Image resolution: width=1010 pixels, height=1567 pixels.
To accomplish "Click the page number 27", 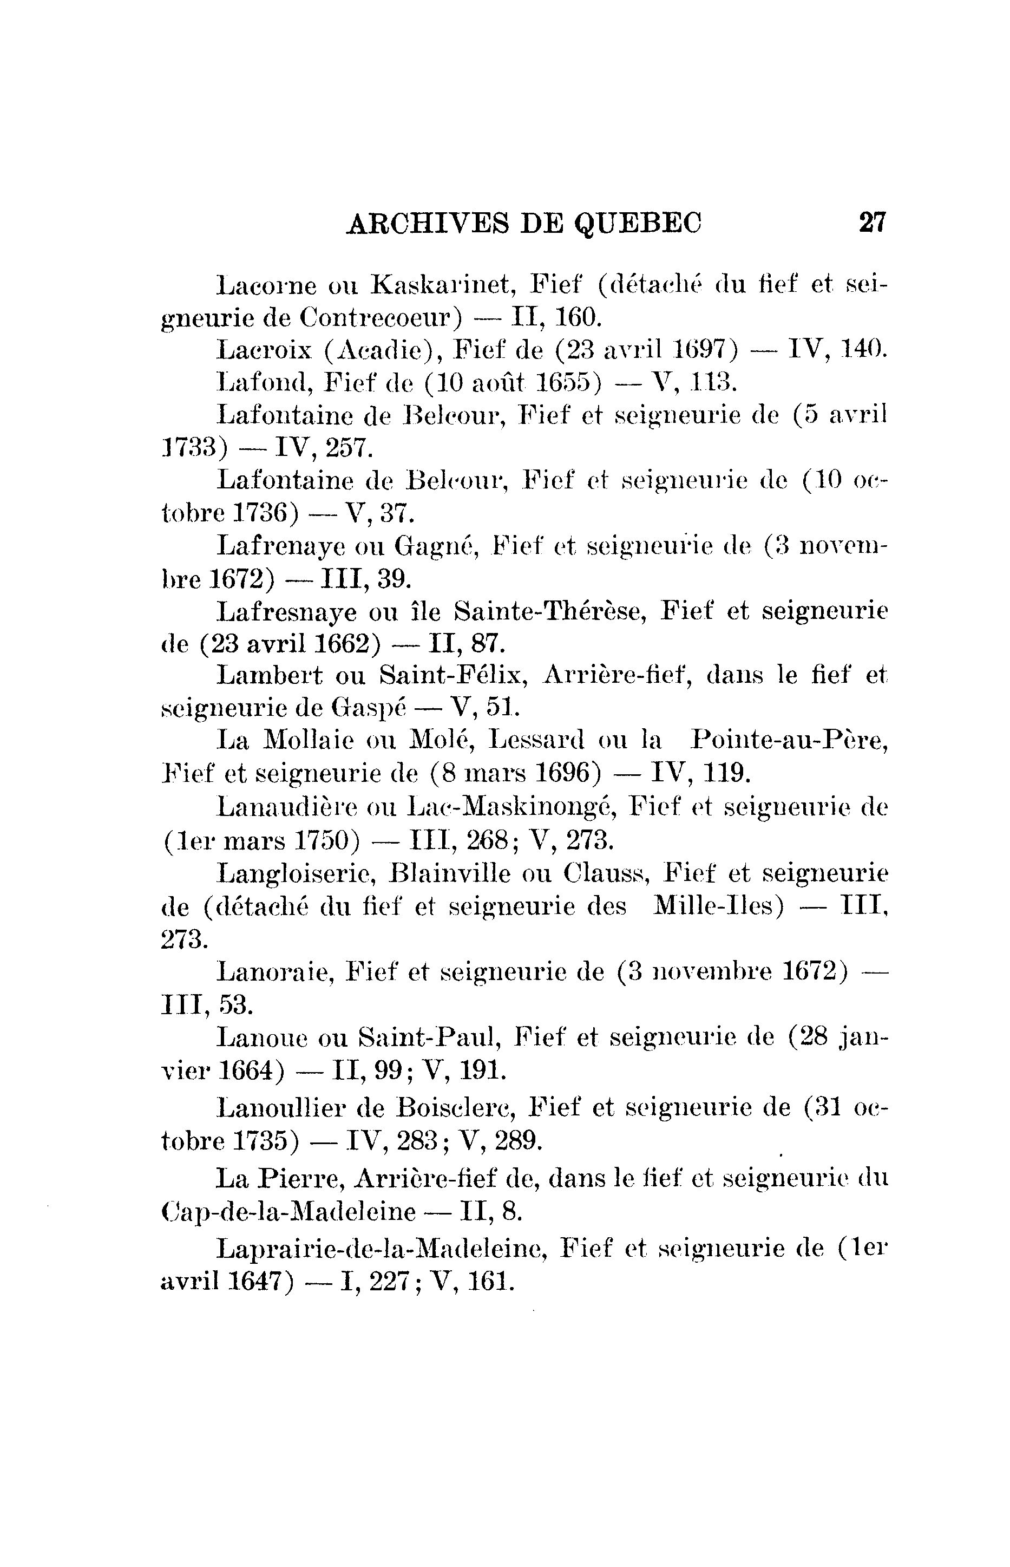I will click(871, 223).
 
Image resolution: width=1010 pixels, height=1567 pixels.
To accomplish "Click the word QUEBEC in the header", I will click(638, 224).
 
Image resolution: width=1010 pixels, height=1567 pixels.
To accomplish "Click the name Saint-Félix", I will click(452, 676).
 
